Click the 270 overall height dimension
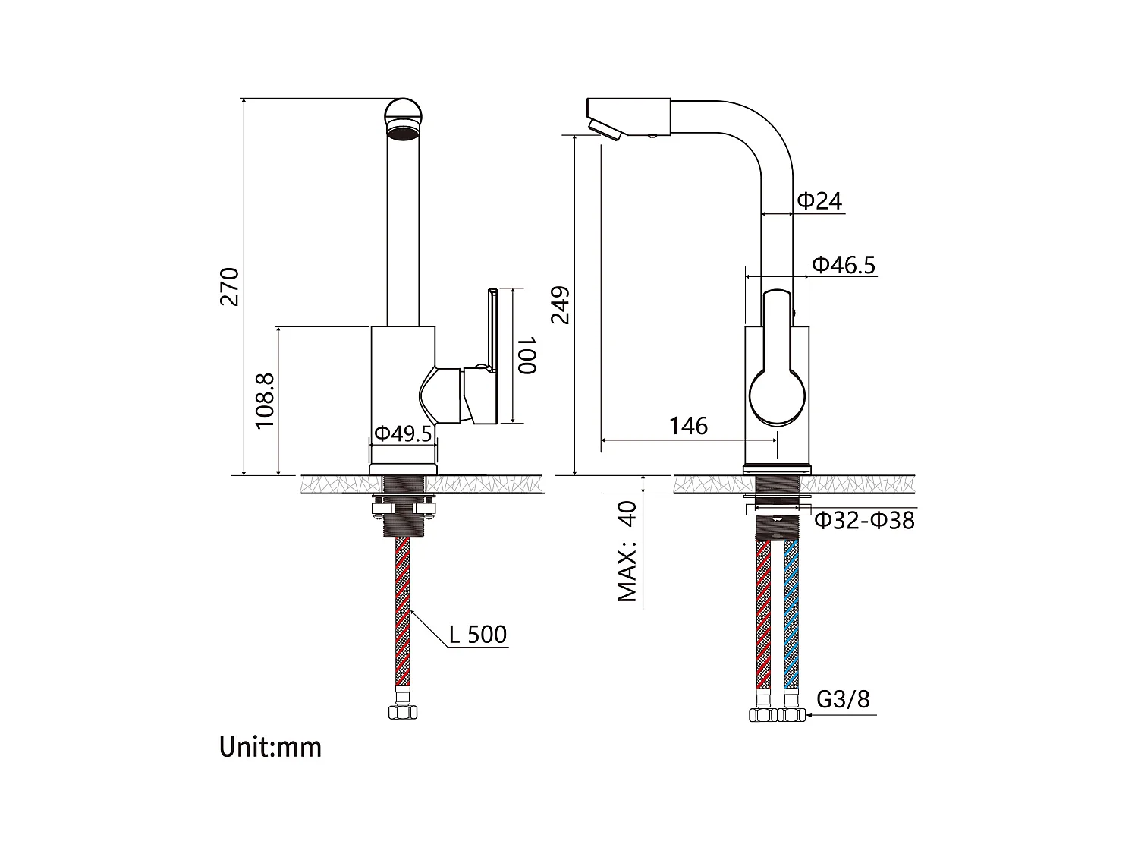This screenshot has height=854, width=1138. (230, 286)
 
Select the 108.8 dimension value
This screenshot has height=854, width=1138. (265, 401)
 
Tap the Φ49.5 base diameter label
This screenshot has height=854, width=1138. (404, 434)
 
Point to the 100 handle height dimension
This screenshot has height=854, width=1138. (527, 355)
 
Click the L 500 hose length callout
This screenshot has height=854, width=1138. (477, 635)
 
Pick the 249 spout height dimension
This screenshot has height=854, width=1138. (560, 305)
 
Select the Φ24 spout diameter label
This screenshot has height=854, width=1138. (819, 201)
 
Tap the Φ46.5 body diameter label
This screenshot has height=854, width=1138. (844, 265)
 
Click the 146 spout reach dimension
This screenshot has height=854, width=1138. (688, 427)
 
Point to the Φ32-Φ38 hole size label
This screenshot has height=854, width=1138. (864, 521)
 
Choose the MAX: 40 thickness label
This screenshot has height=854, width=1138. (627, 551)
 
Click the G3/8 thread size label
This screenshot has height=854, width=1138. (843, 698)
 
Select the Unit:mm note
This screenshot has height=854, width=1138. (271, 747)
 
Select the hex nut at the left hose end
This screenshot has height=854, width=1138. (403, 712)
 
